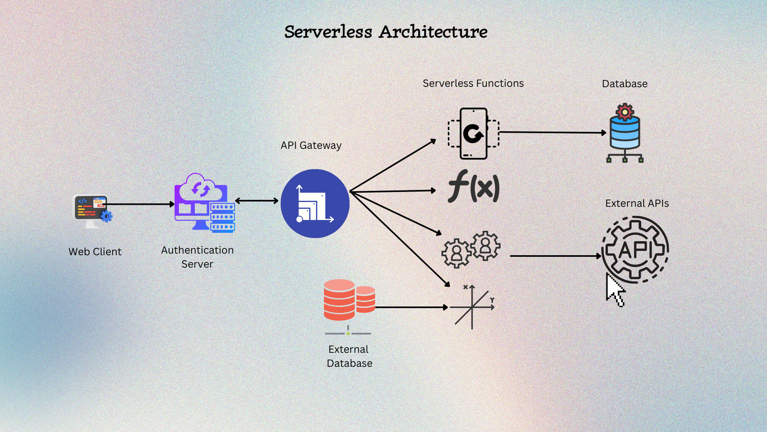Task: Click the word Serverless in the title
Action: click(328, 32)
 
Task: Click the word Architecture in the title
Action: click(433, 32)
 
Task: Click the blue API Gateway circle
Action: click(315, 204)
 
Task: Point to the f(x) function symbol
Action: click(474, 186)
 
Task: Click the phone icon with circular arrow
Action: click(473, 134)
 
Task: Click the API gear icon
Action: click(635, 250)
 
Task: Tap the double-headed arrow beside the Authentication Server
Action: click(256, 201)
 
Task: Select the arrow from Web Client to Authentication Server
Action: click(140, 204)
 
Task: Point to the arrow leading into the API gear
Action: click(555, 256)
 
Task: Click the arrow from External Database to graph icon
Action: click(411, 307)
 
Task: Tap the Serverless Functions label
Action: click(473, 83)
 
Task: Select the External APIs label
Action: click(637, 203)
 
